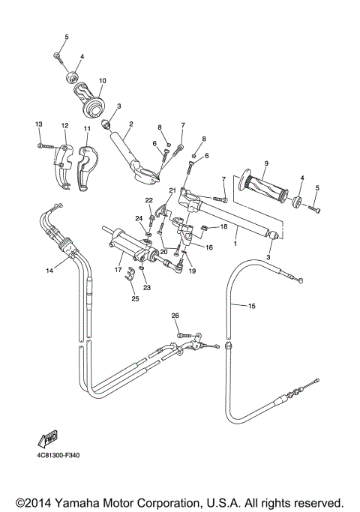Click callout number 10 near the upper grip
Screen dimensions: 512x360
102,81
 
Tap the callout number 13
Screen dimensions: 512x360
39,124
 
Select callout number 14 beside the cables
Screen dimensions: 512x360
50,270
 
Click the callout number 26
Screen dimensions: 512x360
175,316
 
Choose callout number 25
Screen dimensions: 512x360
135,298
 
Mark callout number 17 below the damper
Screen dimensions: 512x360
118,270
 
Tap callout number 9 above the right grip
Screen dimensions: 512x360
265,163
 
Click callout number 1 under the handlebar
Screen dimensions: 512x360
235,244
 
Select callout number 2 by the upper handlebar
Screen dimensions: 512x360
130,124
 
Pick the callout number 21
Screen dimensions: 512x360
172,191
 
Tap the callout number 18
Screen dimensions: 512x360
223,226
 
